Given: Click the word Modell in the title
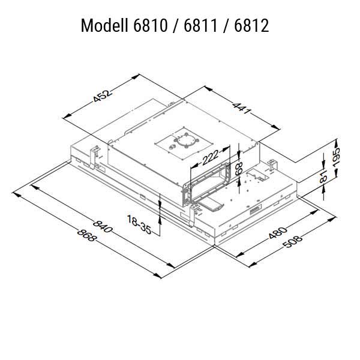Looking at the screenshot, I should [103, 26].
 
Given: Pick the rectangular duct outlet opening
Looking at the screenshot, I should [208, 180].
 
